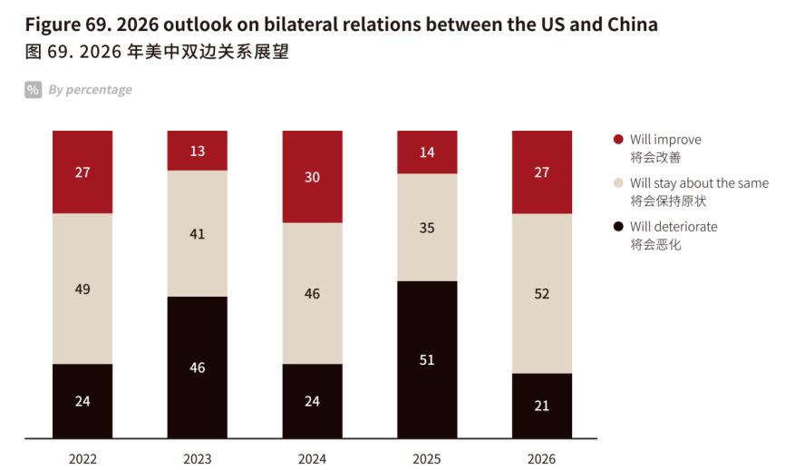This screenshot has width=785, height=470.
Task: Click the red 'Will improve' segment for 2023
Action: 198,151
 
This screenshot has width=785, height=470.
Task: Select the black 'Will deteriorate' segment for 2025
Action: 427,360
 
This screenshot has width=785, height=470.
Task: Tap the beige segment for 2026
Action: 542,293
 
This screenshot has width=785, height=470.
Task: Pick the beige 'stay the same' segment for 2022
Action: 82,289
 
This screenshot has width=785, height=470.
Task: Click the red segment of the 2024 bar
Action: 313,177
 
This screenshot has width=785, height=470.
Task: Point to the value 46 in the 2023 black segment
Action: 198,367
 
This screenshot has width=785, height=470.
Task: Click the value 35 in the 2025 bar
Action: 427,228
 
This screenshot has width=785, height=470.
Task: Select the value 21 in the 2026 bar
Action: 542,406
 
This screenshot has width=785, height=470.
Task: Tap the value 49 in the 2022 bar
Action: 82,289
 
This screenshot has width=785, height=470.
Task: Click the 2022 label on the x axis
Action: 82,458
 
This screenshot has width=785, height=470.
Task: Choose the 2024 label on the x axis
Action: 313,458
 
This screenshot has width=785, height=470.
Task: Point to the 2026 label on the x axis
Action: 542,458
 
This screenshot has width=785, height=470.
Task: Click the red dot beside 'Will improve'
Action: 618,140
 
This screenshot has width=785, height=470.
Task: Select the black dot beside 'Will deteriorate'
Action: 618,227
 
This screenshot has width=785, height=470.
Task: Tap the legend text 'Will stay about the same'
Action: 699,183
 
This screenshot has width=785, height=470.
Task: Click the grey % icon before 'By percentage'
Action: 33,90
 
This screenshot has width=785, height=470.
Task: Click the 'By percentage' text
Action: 91,90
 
